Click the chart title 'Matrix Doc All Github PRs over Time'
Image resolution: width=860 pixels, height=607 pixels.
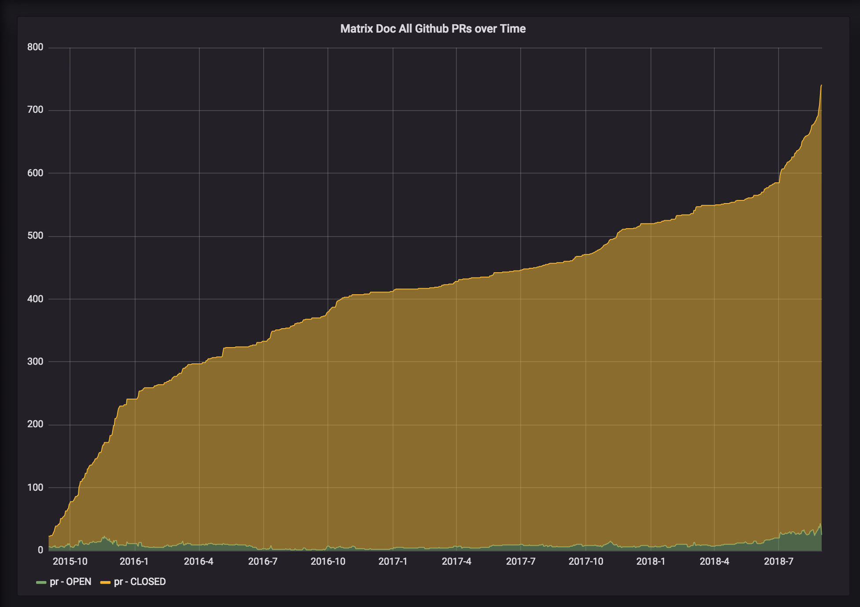[x=433, y=29]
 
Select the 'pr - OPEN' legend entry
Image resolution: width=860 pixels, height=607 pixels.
[x=64, y=581]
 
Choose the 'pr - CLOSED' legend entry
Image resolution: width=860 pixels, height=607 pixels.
[x=133, y=581]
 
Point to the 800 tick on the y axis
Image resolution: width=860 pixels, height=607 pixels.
[x=35, y=47]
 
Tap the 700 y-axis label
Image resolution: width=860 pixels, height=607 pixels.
[x=35, y=110]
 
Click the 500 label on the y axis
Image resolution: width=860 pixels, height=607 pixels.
[x=35, y=236]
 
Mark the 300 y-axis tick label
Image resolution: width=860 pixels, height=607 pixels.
[x=35, y=362]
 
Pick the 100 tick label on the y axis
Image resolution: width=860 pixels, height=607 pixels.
[x=35, y=488]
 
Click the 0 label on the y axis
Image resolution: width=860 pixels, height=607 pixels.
[x=40, y=550]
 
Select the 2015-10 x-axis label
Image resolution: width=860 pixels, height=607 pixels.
[x=70, y=561]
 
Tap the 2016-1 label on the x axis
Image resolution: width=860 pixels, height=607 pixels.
[x=134, y=561]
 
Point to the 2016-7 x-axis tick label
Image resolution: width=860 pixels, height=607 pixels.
[x=263, y=561]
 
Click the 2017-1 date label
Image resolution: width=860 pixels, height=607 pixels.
[x=393, y=561]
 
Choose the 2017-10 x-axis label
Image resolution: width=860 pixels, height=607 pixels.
[x=586, y=561]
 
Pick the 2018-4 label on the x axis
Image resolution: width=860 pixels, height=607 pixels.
[x=714, y=561]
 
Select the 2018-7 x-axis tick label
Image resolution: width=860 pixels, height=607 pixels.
[x=779, y=561]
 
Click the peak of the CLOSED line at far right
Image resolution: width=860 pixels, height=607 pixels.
[x=821, y=85]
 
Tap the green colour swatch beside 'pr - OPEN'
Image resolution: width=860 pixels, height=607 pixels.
[x=41, y=582]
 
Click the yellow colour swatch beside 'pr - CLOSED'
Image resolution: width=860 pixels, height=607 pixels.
[x=106, y=582]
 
